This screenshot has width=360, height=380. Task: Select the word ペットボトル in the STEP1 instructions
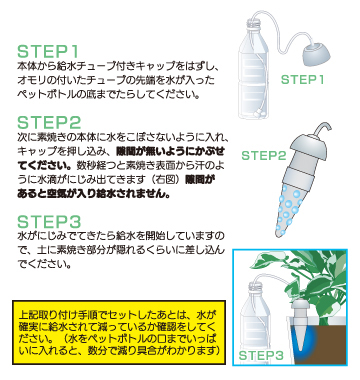[42, 98]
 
